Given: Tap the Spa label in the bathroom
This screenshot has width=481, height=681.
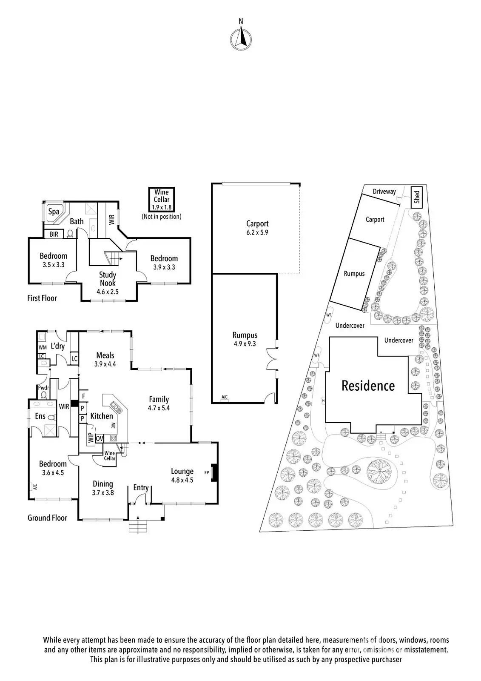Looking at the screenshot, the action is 54,212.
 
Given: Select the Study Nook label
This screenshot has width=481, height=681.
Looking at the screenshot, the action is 108,279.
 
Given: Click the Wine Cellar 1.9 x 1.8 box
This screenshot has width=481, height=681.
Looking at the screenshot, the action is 162,200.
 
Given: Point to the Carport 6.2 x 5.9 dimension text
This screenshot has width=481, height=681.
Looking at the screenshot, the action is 257,232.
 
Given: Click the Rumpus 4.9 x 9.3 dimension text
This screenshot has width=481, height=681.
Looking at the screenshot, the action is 245,343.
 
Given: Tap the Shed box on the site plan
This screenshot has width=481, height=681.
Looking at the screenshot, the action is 417,197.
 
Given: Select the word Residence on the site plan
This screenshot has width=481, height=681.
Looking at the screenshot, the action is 368,386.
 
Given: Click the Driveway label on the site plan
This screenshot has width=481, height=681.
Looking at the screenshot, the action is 384,192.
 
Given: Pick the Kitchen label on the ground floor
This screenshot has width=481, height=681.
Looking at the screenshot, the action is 102,416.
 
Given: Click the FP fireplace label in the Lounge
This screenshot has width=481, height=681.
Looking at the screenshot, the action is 207,472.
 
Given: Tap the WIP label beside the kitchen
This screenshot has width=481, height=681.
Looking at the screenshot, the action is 91,438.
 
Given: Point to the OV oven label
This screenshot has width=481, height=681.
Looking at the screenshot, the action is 100,438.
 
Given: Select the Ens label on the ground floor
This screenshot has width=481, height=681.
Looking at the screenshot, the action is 40,416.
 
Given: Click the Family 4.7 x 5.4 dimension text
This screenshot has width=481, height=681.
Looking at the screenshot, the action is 159,408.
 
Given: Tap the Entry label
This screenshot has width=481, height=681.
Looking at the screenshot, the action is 141,488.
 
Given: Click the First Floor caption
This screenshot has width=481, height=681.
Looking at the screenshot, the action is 42,298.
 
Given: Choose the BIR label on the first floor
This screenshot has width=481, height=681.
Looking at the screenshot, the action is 54,234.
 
